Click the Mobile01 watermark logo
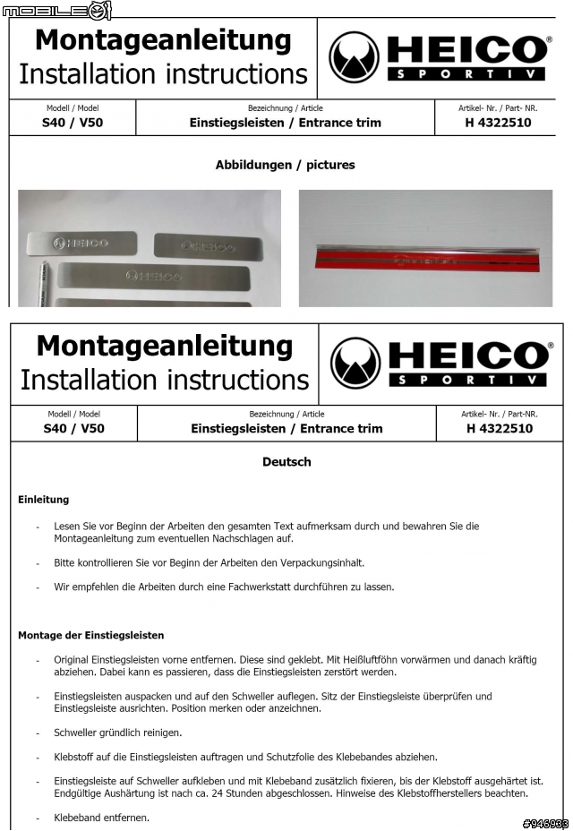tap(56, 10)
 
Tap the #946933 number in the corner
tap(545, 823)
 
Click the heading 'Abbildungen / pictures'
tap(285, 165)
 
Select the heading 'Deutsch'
tap(286, 462)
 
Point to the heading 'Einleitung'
tap(43, 500)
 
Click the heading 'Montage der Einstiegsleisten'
tap(90, 635)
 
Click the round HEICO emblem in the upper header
tap(354, 57)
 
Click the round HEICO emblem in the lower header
tap(355, 363)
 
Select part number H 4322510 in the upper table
tap(498, 123)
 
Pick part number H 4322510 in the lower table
tap(499, 428)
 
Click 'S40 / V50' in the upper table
tap(73, 123)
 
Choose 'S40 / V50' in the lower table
tap(74, 428)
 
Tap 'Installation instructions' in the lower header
tap(165, 380)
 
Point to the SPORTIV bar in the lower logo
tap(467, 380)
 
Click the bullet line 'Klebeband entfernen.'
tap(101, 818)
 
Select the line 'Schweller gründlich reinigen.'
tap(117, 732)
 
